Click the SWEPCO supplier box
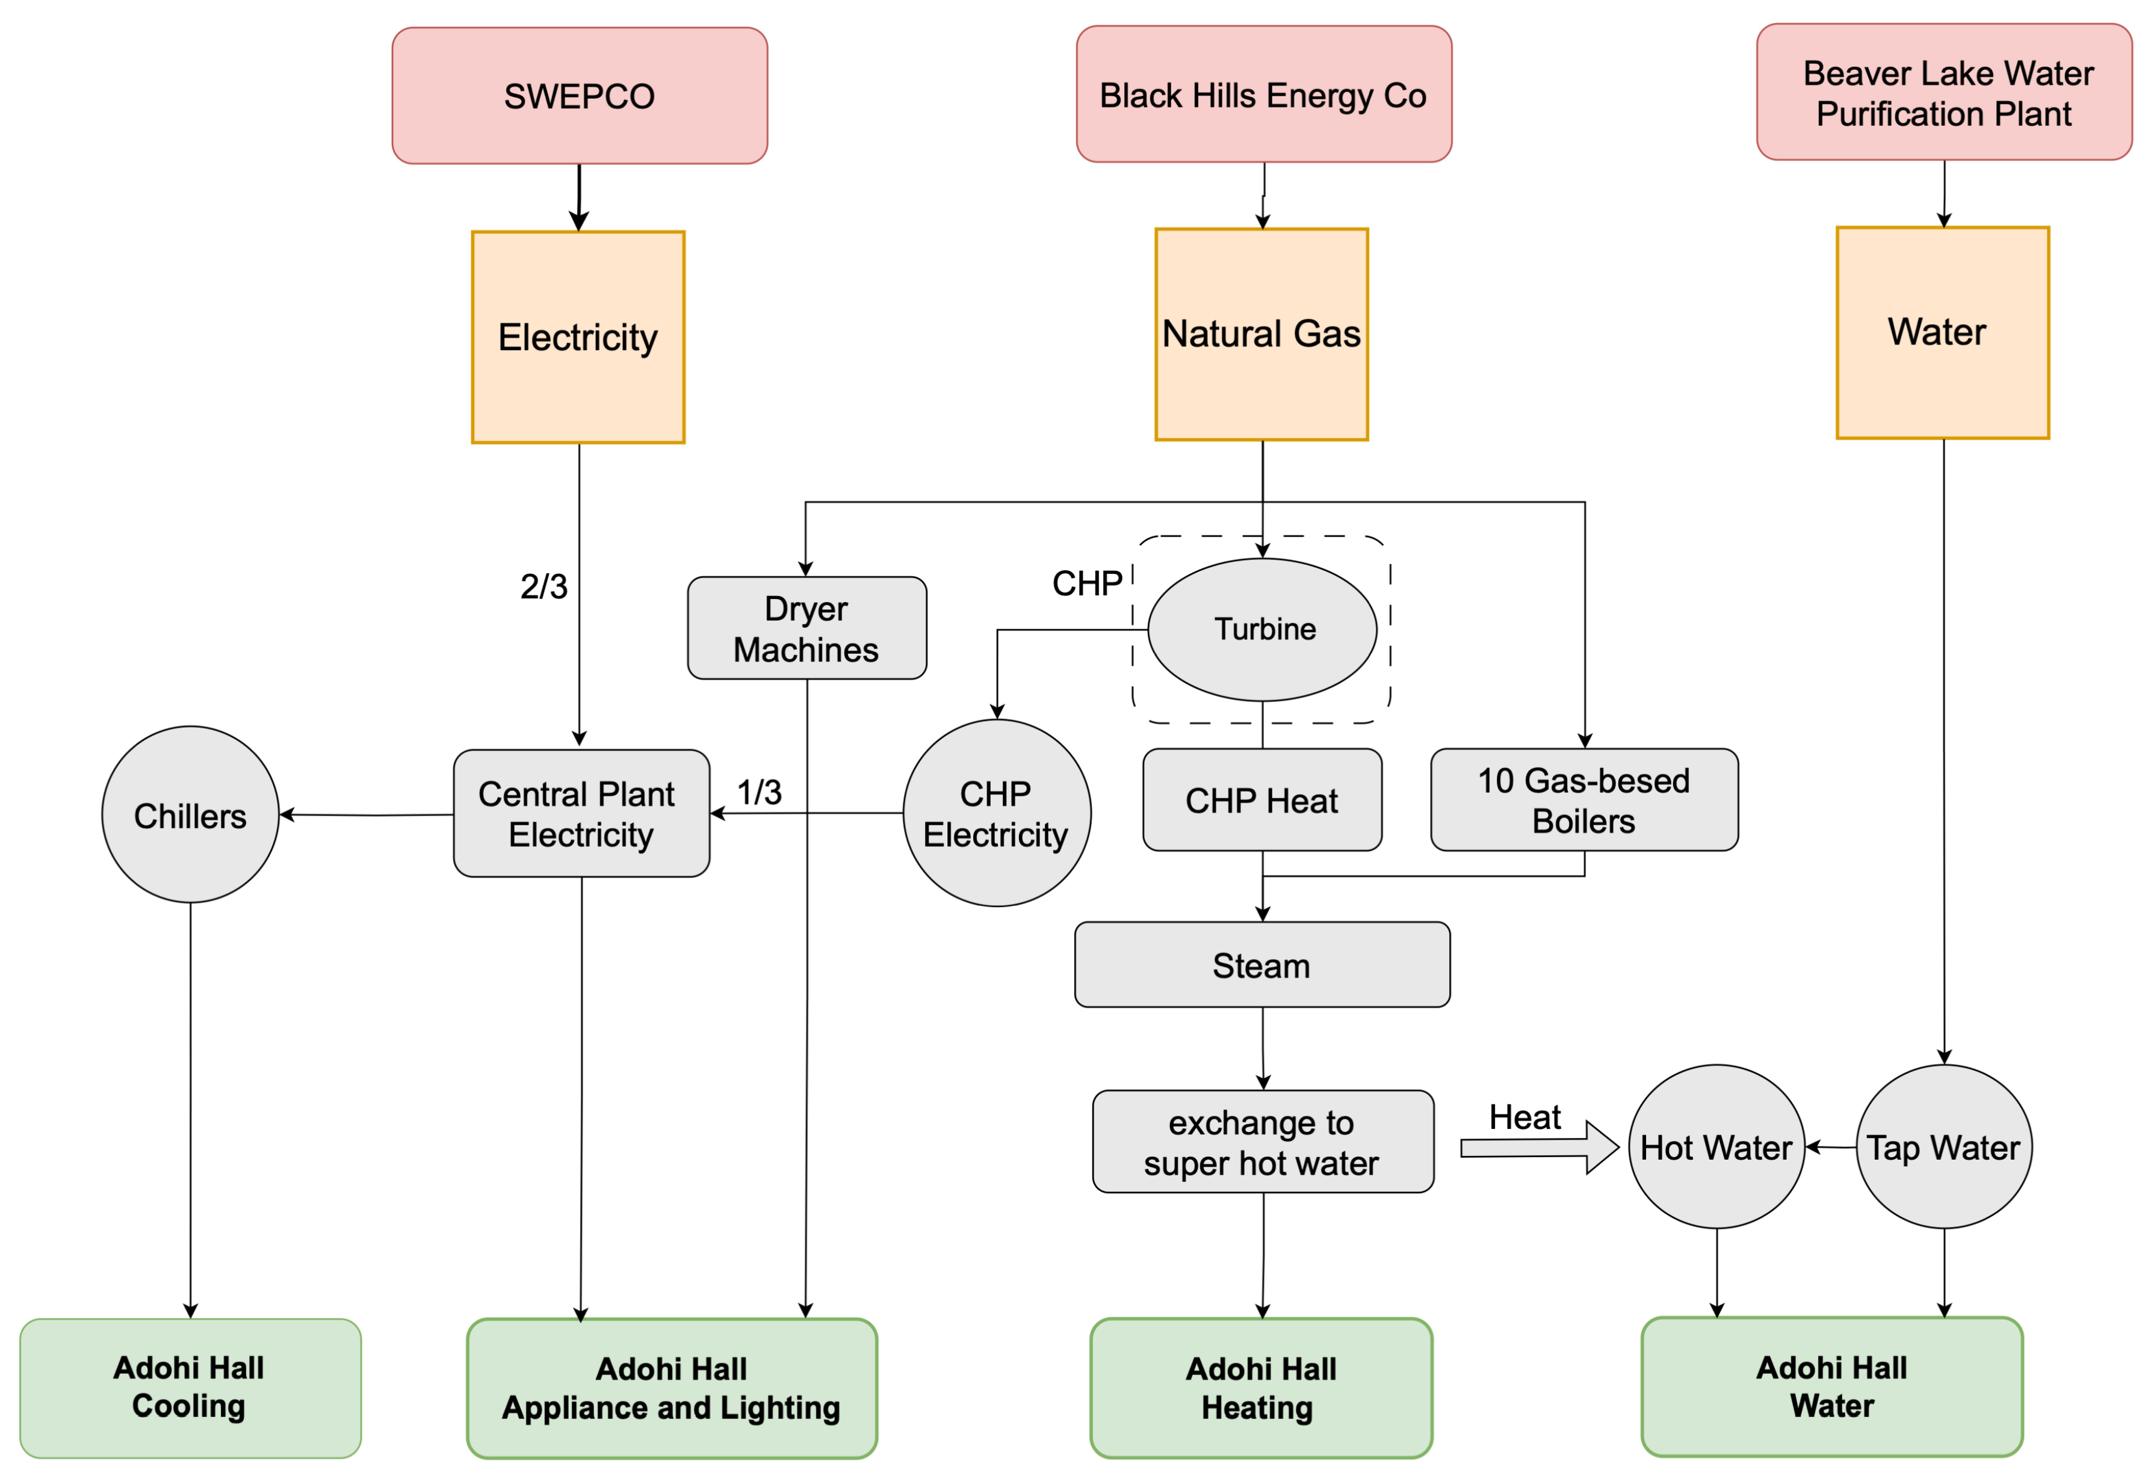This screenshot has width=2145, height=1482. pyautogui.click(x=579, y=96)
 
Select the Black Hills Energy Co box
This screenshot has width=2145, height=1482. pyautogui.click(x=1263, y=94)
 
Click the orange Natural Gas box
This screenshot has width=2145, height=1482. pyautogui.click(x=1261, y=334)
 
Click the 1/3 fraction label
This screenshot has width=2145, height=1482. pyautogui.click(x=759, y=792)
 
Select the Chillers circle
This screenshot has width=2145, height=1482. pyautogui.click(x=190, y=816)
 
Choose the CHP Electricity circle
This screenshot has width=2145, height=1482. pyautogui.click(x=996, y=813)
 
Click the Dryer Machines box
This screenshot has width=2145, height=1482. pyautogui.click(x=806, y=629)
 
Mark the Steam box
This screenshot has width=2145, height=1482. pyautogui.click(x=1261, y=965)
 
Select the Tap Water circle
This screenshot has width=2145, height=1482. pyautogui.click(x=1943, y=1148)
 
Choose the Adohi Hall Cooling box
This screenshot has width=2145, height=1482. pyautogui.click(x=190, y=1388)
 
